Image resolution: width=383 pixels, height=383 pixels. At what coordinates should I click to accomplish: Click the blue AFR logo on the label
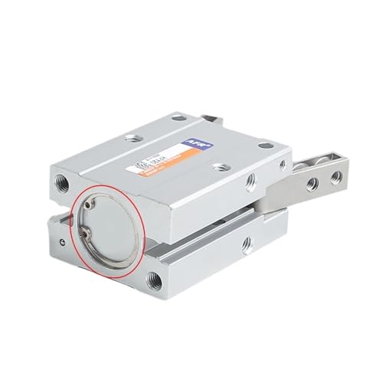coord(190,140)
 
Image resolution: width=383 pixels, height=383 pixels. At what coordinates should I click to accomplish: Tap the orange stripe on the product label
coord(170,156)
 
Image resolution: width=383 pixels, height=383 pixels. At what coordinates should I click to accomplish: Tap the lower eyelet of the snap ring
coord(84,237)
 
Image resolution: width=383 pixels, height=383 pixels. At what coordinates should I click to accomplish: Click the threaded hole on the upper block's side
coord(250,182)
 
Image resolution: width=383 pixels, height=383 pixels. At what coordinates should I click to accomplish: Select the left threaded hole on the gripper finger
coord(312,184)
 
